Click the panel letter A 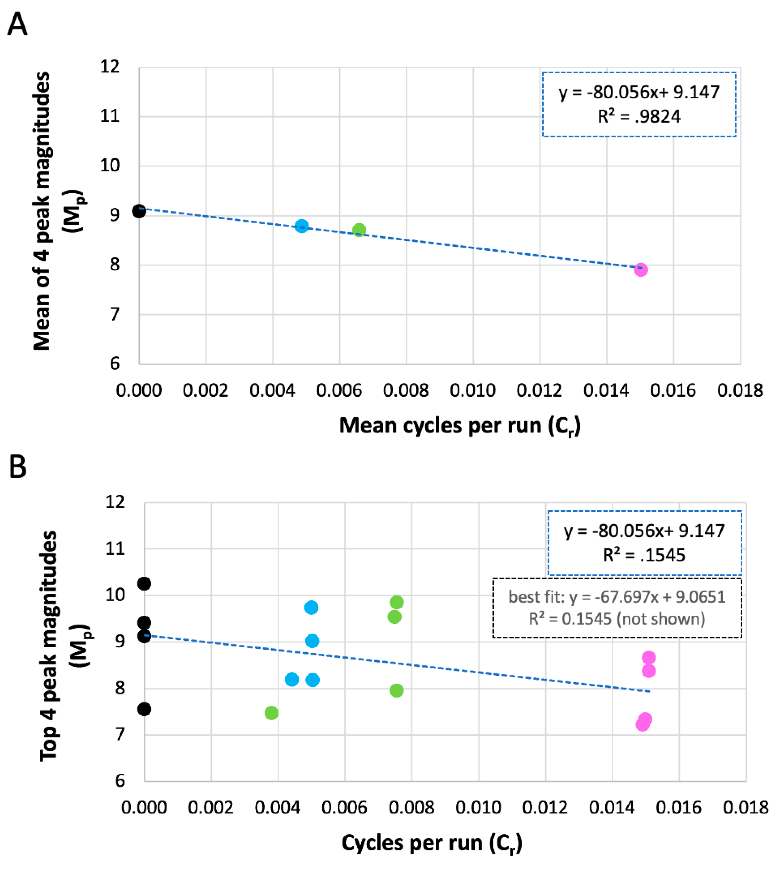18,24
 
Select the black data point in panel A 139,211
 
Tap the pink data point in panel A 640,269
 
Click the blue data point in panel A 302,226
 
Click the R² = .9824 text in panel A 639,116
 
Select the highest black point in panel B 144,583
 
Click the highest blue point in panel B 311,607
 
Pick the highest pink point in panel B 648,658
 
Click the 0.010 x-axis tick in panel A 472,390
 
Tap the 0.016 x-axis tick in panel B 679,807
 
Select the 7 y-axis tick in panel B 120,734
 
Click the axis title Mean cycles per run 460,426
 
